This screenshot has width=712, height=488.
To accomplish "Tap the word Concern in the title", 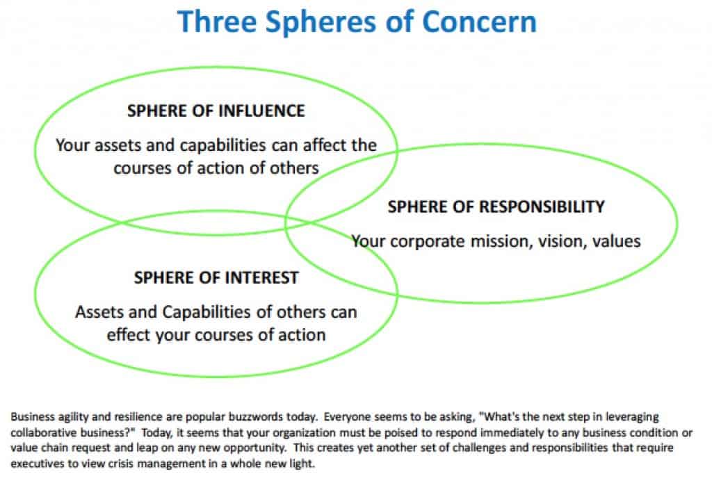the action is coord(479,22).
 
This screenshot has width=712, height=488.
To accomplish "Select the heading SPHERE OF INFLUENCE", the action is coord(216,111).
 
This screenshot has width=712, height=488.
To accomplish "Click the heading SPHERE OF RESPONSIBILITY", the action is coord(496,207).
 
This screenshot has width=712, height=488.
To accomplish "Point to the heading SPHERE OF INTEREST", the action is coord(216,278).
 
